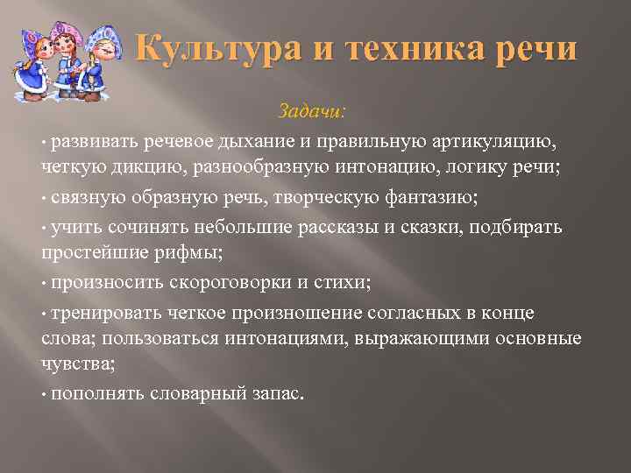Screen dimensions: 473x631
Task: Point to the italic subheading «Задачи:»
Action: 312,111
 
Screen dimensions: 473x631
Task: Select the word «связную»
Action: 86,197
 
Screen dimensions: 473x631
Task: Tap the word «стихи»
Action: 344,282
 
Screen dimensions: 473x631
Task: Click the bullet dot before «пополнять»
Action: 43,395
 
